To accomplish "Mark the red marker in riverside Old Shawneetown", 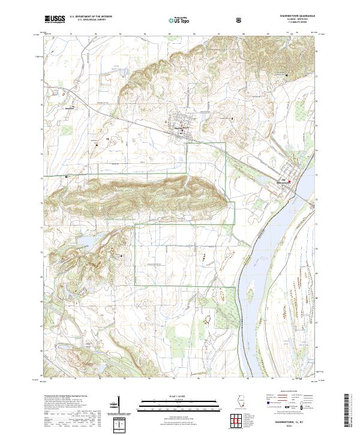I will pyautogui.click(x=290, y=182).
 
